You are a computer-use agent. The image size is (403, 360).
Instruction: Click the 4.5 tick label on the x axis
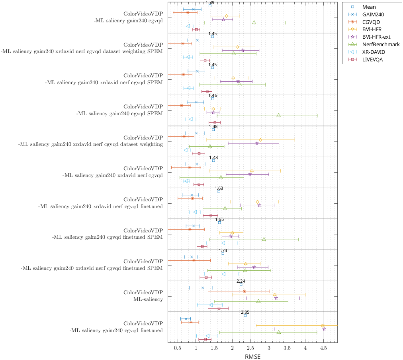point(323,348)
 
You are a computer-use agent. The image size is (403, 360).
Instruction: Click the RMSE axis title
point(252,356)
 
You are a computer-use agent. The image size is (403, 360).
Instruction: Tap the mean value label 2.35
point(245,312)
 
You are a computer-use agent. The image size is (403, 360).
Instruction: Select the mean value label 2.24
point(241,281)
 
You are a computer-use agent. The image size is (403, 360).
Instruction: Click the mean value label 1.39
point(210,2)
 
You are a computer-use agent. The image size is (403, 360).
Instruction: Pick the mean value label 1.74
point(223,250)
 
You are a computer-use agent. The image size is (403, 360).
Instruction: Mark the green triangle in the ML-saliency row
point(258,301)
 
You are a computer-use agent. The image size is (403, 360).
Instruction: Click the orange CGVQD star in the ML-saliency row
point(244,291)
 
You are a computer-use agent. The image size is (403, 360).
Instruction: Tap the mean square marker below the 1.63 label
point(219,192)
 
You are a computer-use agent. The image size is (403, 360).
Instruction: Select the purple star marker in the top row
point(223,19)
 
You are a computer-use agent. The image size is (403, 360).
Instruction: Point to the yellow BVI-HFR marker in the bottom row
point(323,326)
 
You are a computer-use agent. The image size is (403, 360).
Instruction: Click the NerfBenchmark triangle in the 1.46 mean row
point(278,116)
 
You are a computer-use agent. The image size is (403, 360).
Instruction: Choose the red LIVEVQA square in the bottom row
point(205,339)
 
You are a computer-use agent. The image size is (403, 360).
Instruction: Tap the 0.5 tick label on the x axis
point(177,348)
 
